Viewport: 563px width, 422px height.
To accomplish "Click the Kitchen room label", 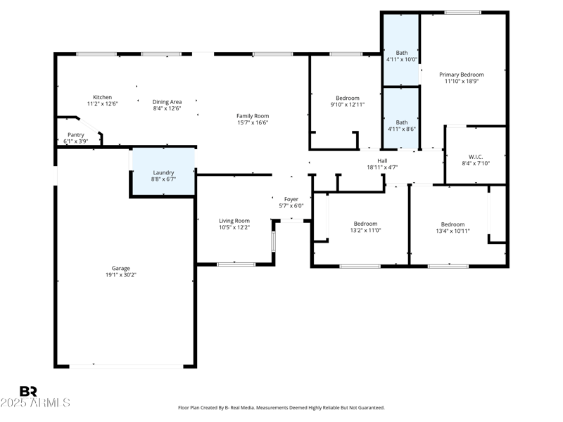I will (102, 97).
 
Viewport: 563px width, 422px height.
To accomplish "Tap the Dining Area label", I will (167, 102).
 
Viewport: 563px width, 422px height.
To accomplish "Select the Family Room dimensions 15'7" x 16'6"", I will (253, 122).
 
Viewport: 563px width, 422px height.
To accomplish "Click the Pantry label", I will (76, 134).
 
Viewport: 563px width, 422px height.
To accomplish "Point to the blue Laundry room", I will (163, 172).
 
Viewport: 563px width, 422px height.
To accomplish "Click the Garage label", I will (120, 268).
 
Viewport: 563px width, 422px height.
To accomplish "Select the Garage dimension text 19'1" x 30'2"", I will (120, 275).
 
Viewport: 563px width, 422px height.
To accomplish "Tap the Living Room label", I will (234, 221).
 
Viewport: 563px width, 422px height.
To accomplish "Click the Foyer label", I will (291, 199).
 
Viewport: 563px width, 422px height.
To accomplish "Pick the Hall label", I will (382, 160).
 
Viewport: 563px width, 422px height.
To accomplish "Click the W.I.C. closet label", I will (476, 156).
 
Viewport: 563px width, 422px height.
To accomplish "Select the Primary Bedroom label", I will (462, 75).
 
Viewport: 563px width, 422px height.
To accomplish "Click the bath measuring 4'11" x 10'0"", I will (401, 56).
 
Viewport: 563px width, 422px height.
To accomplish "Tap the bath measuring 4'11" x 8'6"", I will (401, 126).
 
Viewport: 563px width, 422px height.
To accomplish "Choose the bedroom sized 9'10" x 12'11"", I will (348, 101).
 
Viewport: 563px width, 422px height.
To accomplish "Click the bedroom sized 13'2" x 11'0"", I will (365, 227).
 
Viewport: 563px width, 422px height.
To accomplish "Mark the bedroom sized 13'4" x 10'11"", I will (453, 227).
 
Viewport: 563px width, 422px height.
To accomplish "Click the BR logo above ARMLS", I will (28, 391).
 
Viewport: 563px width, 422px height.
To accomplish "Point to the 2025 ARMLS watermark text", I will (35, 403).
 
